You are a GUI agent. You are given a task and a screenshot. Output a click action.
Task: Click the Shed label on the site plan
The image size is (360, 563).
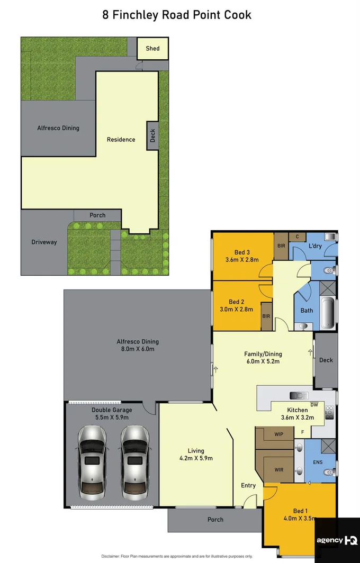(152, 49)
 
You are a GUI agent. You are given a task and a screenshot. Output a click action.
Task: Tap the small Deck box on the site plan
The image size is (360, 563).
(152, 135)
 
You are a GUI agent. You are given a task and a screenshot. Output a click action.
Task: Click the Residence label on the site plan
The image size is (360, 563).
(121, 140)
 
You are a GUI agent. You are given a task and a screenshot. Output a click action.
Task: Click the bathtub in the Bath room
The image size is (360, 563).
(328, 313)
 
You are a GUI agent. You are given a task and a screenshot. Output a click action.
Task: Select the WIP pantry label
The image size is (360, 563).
(279, 434)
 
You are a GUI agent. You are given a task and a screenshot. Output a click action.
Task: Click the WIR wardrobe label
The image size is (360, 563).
(279, 469)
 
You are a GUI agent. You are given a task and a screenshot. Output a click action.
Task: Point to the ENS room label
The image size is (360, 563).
(318, 462)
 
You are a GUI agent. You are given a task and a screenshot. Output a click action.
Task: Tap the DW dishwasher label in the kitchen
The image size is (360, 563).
(314, 405)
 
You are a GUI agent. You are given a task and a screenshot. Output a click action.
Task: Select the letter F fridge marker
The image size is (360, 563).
(302, 432)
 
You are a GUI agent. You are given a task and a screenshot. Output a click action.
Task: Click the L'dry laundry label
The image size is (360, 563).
(316, 247)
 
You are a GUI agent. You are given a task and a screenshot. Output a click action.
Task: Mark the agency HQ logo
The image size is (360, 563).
(337, 540)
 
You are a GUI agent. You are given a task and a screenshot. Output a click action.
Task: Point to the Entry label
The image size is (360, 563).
(248, 485)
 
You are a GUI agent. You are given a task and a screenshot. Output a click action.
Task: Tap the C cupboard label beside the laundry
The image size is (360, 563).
(297, 237)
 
